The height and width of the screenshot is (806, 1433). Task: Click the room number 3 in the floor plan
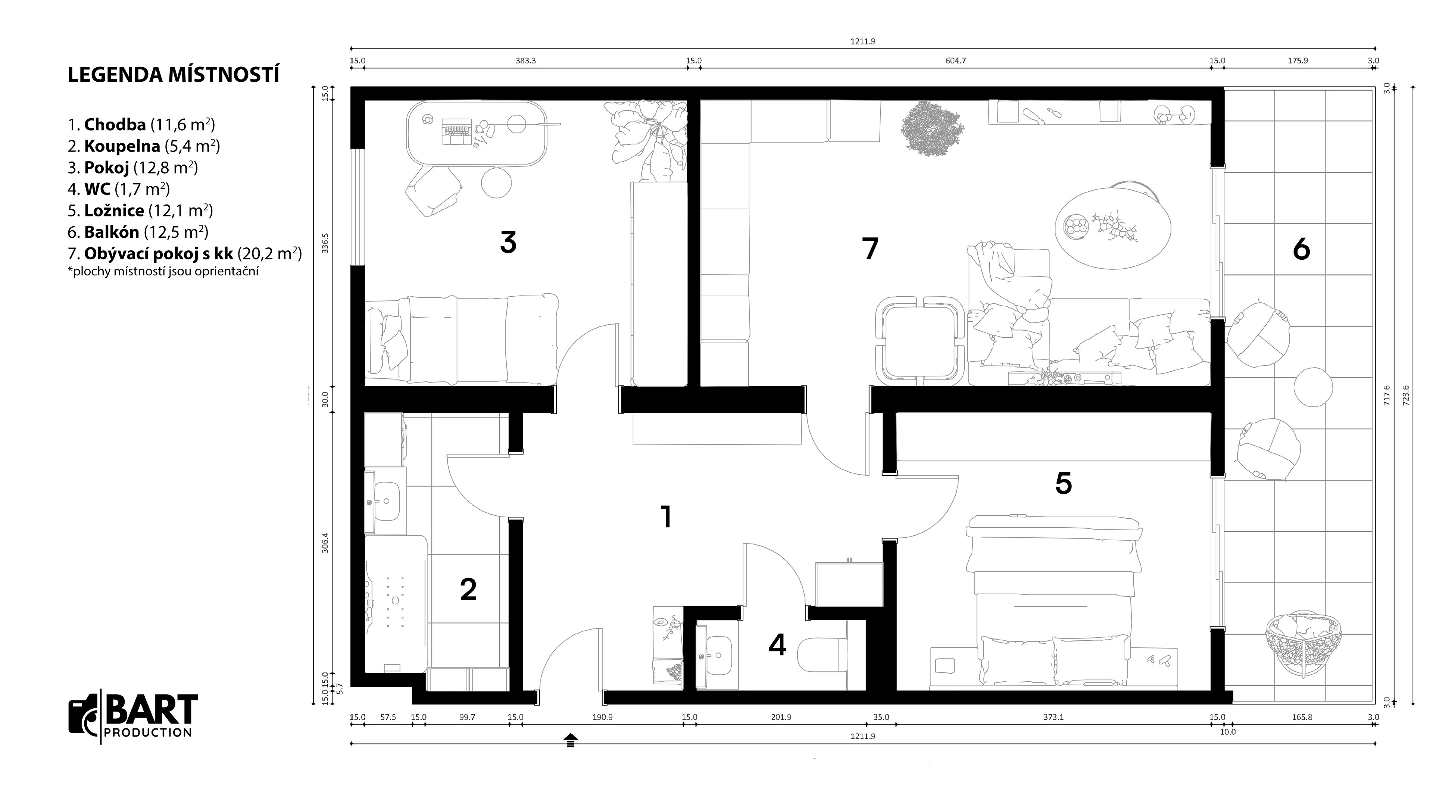coord(508,243)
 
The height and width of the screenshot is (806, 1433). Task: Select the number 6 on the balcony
coord(1301,249)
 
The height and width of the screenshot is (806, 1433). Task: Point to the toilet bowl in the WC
coord(822,655)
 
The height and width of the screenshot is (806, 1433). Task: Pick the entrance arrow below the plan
coord(570,740)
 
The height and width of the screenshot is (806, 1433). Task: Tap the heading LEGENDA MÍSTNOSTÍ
coord(174,75)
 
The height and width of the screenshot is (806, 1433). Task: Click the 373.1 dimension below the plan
coord(1053,717)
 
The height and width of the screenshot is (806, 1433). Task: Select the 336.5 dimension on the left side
coord(326,243)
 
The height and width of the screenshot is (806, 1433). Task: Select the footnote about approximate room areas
coord(163,271)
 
